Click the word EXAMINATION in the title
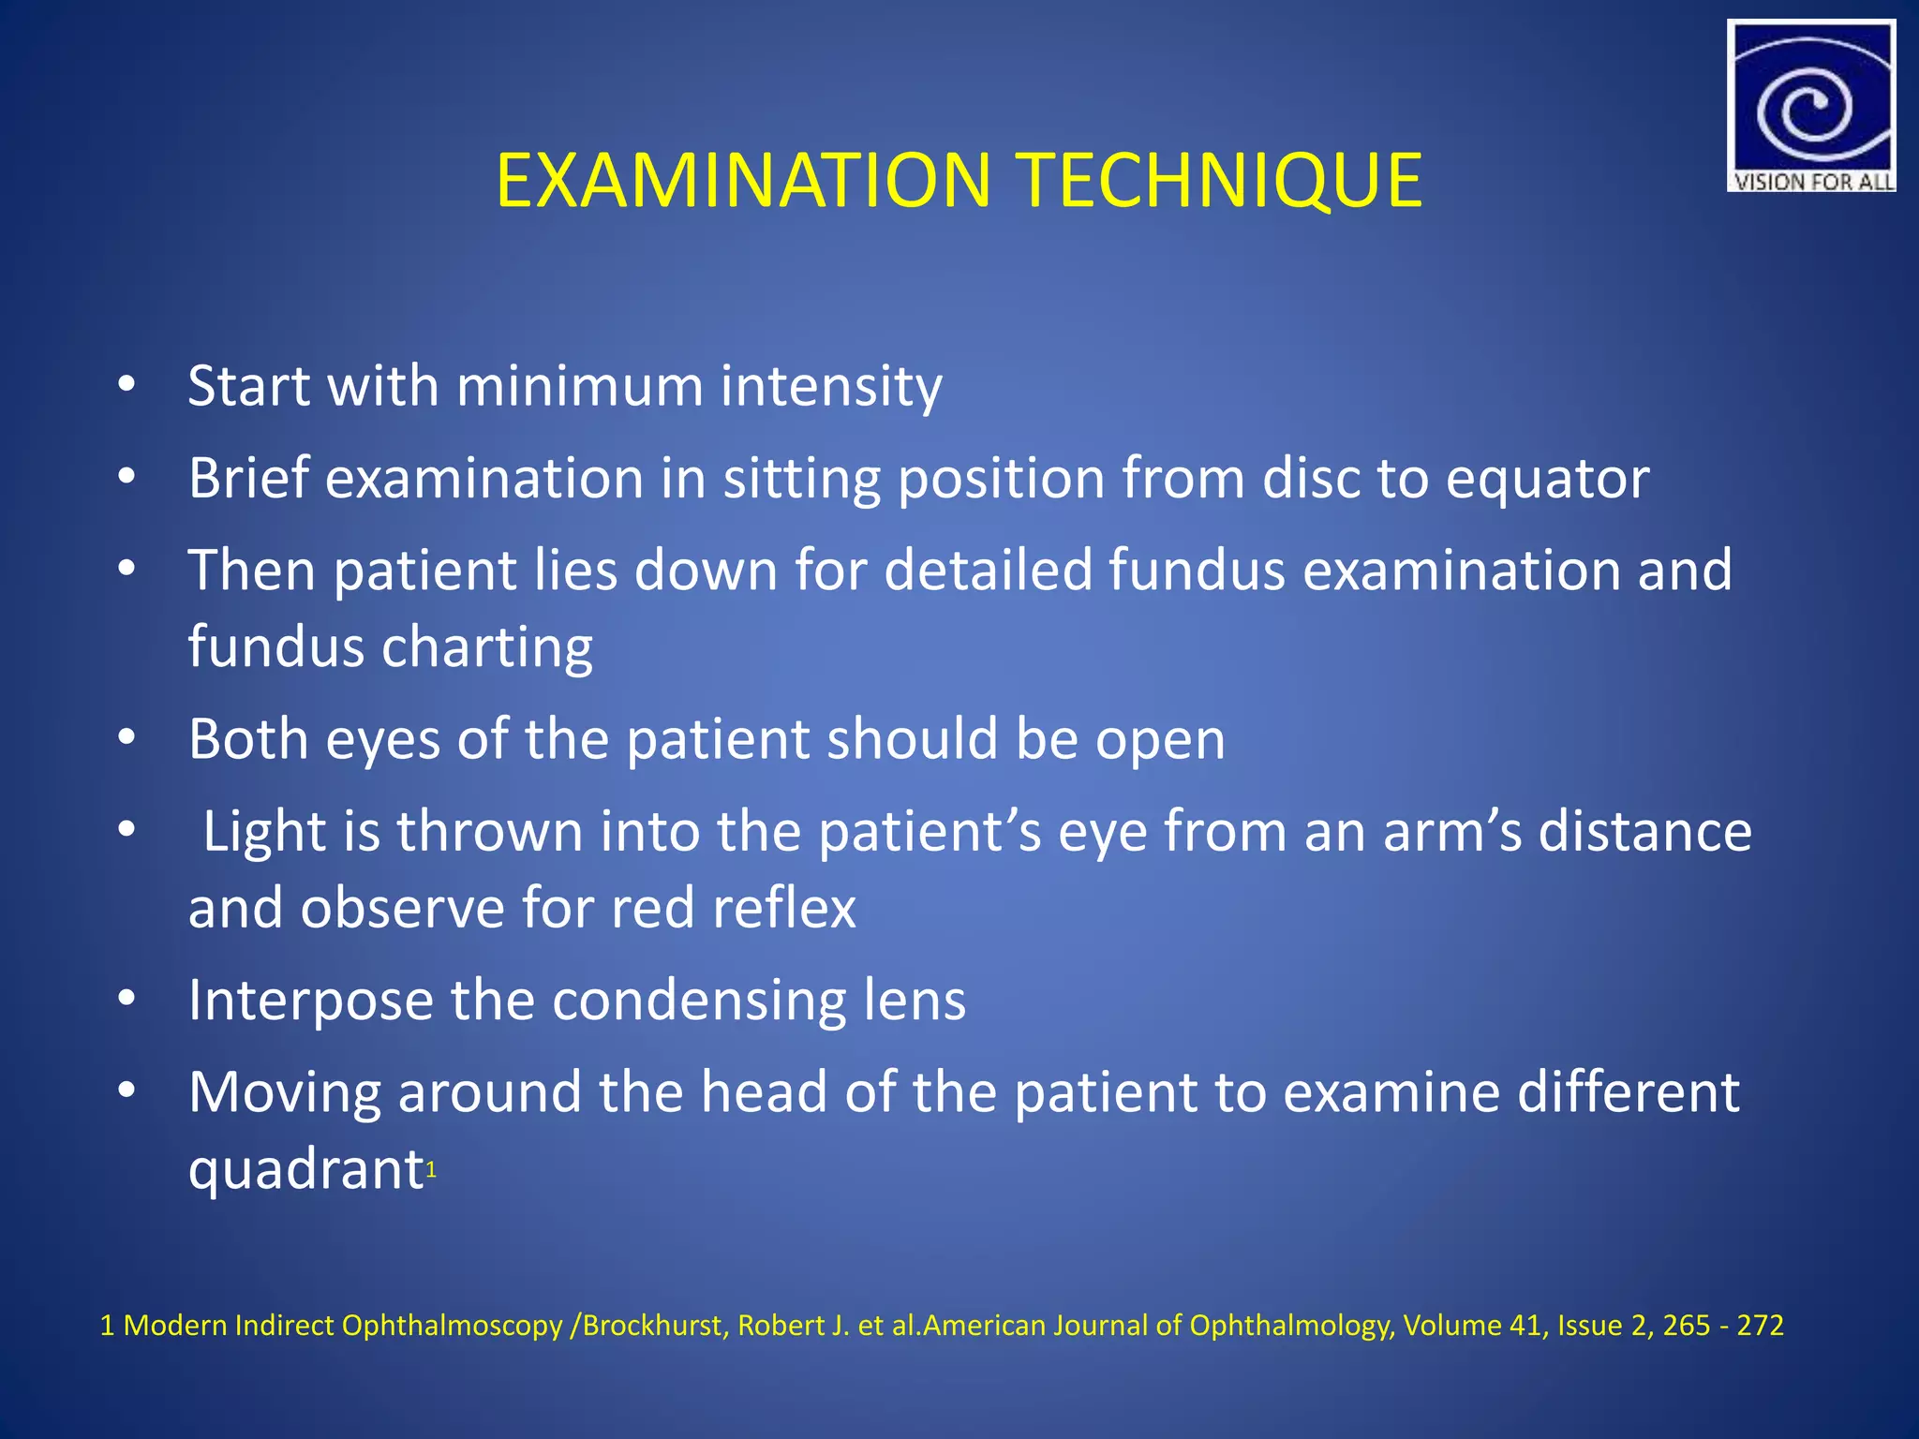[743, 180]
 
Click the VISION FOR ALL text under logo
[1812, 182]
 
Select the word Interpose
[310, 1001]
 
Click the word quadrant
[305, 1170]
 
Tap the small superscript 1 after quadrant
[431, 1169]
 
